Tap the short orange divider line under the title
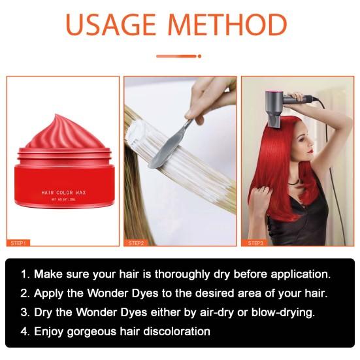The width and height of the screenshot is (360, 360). point(180,56)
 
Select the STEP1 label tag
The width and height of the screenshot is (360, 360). point(19,242)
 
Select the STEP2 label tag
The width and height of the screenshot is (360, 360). point(137,242)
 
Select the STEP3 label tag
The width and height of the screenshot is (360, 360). point(255,242)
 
